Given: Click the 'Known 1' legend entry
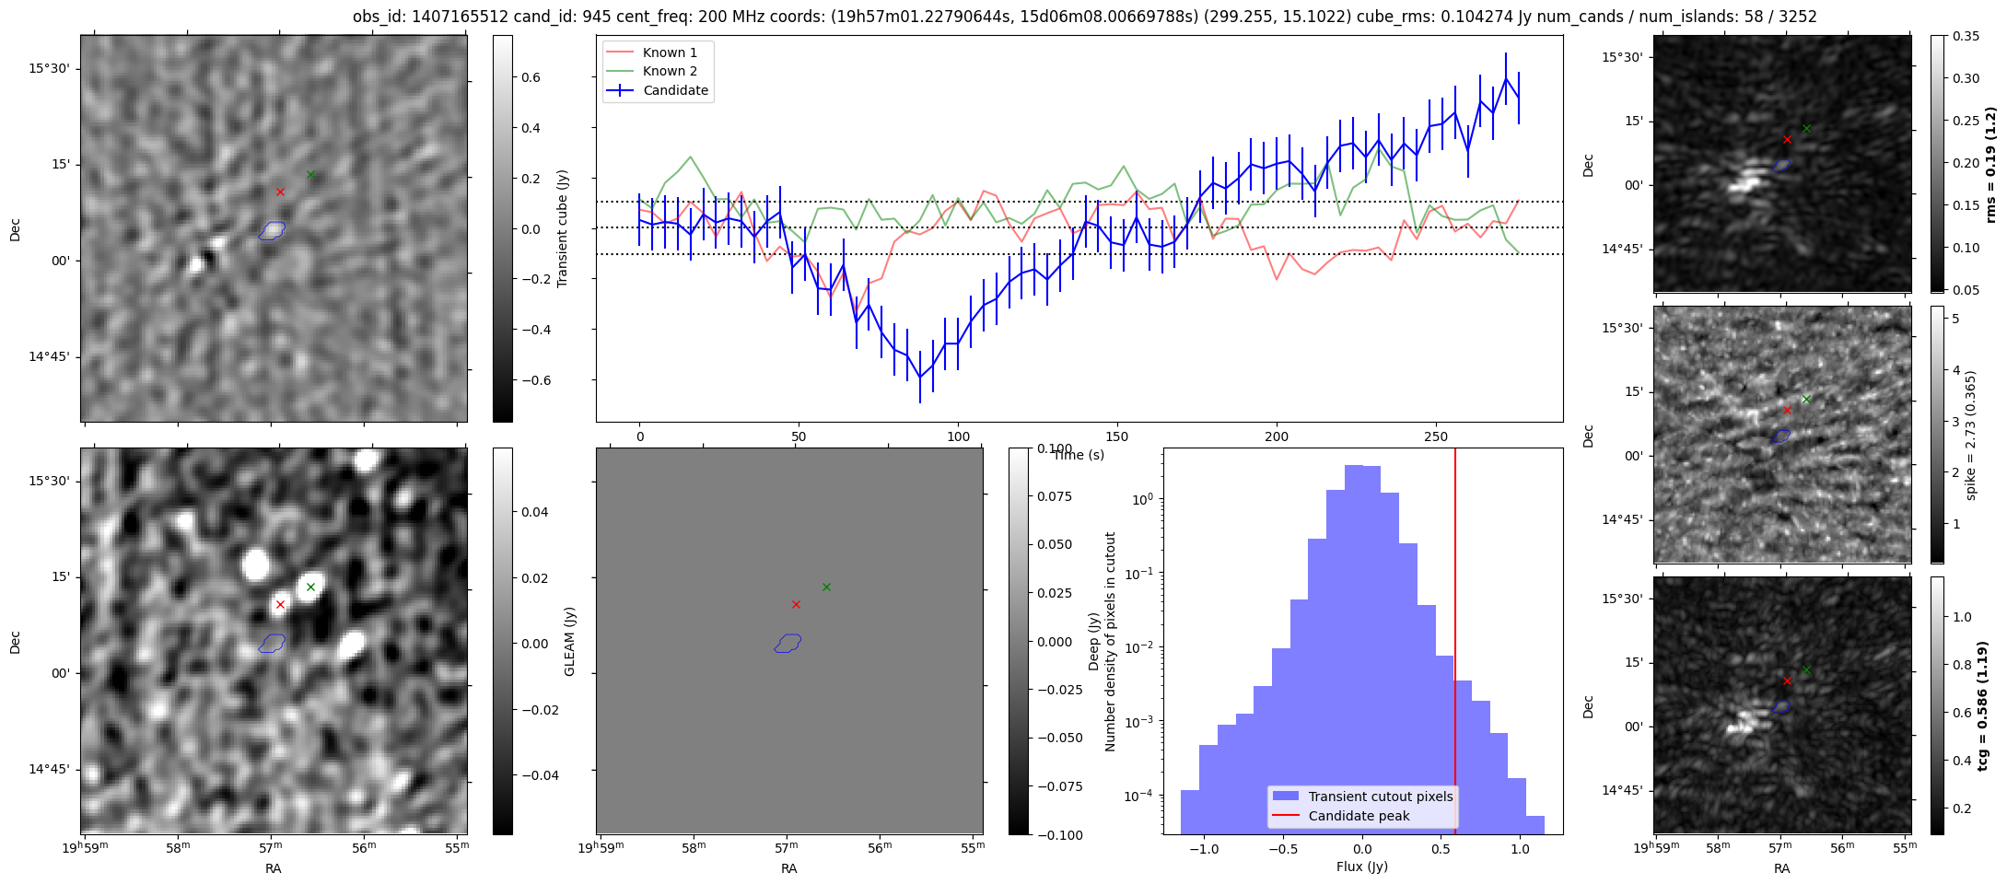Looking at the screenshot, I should (670, 52).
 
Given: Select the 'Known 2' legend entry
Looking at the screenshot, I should (670, 71).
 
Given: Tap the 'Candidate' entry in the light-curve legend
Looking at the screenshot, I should (675, 90).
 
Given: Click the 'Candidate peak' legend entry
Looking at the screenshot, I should (1359, 816).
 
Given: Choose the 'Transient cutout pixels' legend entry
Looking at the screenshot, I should (1380, 797).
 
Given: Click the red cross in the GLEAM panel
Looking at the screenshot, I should (796, 604).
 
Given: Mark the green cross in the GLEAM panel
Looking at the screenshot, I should (826, 587).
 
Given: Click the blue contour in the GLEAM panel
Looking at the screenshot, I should (788, 643).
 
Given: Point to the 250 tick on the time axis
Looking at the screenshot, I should (1436, 436).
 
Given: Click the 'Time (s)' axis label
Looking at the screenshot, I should (1079, 455).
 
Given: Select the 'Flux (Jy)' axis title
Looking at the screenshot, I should (1361, 867).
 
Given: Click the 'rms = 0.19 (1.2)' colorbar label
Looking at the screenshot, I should (1990, 164).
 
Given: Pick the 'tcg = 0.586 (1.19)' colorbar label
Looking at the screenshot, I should (1983, 705).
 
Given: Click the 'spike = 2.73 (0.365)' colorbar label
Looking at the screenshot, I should (1970, 436).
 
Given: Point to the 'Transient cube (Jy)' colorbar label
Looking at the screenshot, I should (563, 228).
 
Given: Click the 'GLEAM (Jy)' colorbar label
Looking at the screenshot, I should (569, 642).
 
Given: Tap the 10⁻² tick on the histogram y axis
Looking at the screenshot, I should (1143, 647).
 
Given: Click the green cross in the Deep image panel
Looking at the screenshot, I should (310, 587).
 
